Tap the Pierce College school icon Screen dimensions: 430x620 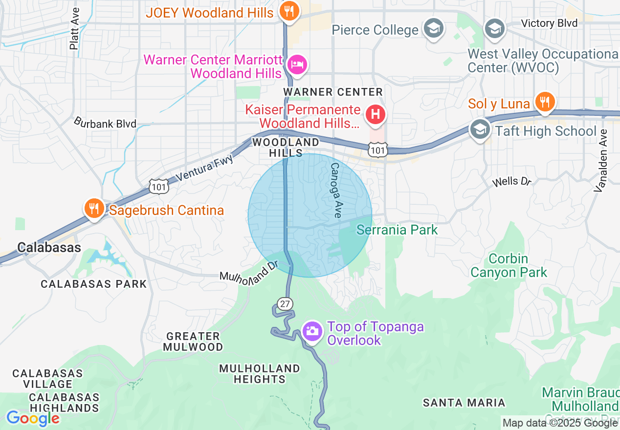coord(433,29)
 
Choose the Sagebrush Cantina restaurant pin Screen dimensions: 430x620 coord(92,209)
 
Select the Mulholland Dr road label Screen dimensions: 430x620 coord(248,272)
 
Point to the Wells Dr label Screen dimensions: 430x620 coord(511,182)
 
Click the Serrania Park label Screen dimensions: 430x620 coord(397,230)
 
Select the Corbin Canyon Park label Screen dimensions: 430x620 coord(509,265)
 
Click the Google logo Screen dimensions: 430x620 coord(33,418)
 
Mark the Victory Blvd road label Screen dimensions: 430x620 coord(549,23)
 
